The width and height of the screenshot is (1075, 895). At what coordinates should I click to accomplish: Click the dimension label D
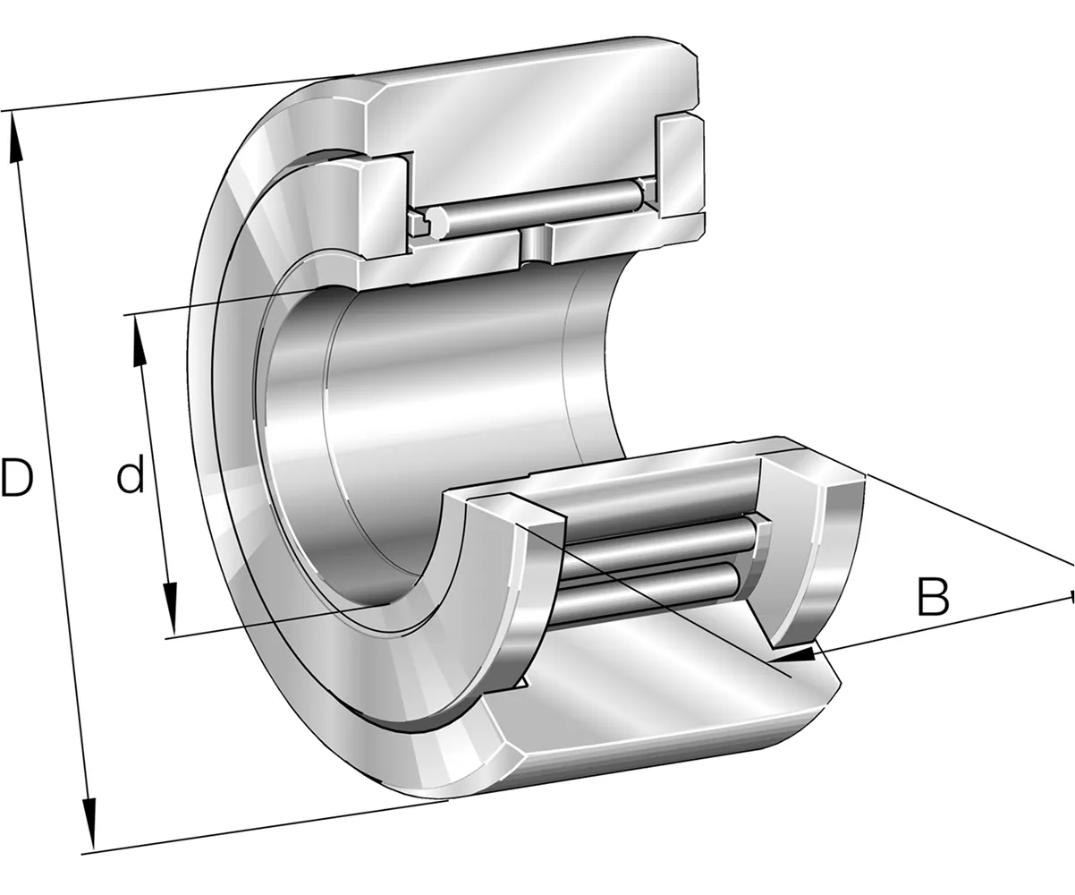coord(17,478)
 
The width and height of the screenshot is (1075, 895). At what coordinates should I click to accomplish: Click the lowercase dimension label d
coord(131,473)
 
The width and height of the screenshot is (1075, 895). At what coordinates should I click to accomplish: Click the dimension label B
coord(933,597)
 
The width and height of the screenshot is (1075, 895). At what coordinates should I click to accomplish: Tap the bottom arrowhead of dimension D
coord(89,822)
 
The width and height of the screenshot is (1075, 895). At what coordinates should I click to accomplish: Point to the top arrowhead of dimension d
coord(139,341)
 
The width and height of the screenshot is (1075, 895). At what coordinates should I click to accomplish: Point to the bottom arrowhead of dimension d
coord(171,609)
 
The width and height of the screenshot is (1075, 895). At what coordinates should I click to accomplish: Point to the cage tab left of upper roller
coord(419,223)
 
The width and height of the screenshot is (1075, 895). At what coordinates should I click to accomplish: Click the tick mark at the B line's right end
coord(1073,597)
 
